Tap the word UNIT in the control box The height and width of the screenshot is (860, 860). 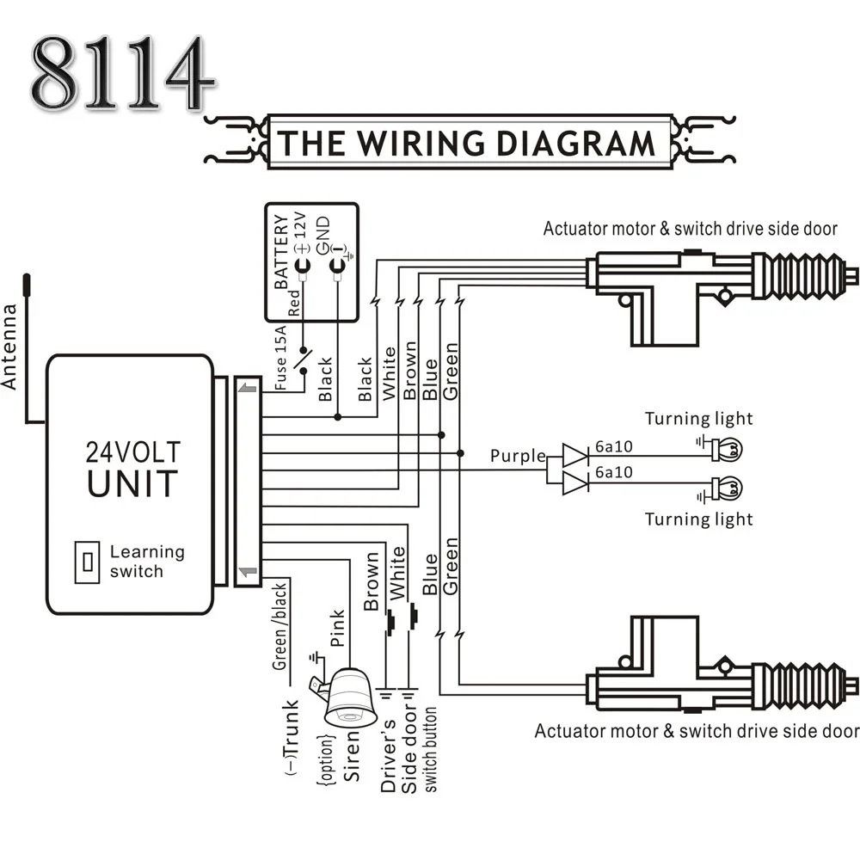tap(132, 483)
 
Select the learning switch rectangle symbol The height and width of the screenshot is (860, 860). tap(87, 562)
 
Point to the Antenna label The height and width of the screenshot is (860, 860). tap(10, 347)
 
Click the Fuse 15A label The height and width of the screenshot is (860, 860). tap(282, 359)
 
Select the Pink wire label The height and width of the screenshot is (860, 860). tap(337, 629)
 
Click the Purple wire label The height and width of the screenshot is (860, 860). tap(518, 456)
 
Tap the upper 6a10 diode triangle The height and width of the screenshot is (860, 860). tap(574, 454)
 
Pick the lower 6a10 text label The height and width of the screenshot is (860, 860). tap(613, 472)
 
